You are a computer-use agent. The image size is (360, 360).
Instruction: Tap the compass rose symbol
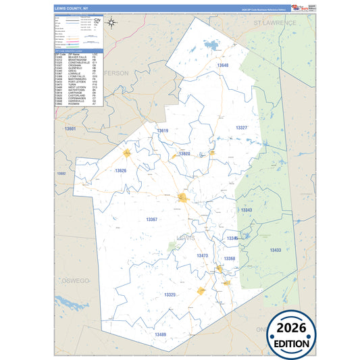(113, 24)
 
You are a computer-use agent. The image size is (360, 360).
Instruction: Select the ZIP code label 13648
(223, 66)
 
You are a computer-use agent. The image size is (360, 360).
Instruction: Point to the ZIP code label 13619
(162, 130)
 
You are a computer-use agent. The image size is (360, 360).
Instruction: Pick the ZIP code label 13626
(120, 171)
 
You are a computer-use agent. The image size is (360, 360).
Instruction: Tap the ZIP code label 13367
(152, 220)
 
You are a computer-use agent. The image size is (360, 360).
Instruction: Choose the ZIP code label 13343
(246, 211)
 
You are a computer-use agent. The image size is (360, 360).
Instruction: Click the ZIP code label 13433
(275, 251)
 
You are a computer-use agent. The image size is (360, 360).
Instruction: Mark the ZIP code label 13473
(203, 256)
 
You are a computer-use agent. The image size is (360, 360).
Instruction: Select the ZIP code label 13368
(230, 259)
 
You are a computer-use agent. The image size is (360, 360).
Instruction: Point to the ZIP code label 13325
(170, 294)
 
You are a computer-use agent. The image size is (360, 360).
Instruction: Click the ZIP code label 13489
(160, 334)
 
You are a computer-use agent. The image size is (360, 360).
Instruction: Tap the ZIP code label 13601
(70, 128)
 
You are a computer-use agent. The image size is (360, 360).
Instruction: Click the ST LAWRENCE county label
(275, 22)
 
